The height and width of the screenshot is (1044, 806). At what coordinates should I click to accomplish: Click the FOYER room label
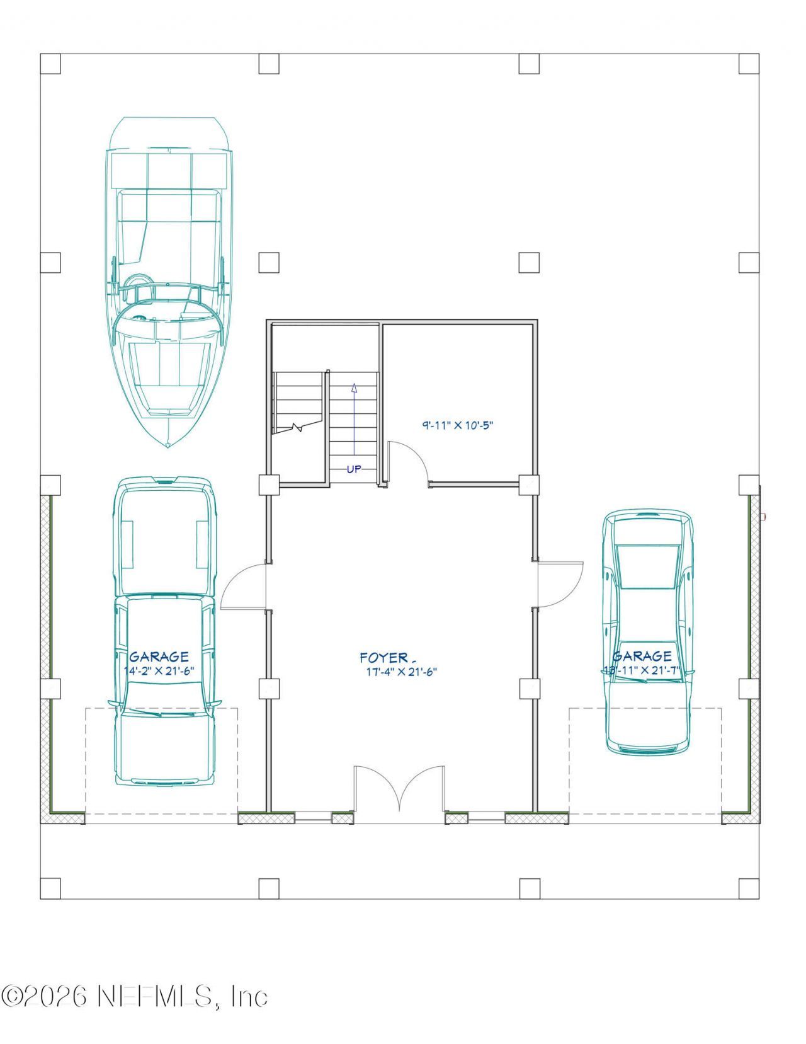tap(383, 658)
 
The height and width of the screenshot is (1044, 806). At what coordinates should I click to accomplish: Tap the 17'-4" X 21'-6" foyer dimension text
tap(401, 672)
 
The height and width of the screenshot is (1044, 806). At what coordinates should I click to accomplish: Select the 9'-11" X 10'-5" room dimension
tap(457, 425)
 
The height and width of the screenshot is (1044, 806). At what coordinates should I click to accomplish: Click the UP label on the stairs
tap(354, 469)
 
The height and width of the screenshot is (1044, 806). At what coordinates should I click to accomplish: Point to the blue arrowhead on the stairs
tap(354, 388)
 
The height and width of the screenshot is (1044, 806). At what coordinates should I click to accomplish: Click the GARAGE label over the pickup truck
tap(159, 657)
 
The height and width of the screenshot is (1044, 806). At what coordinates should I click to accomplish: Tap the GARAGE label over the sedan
tap(642, 657)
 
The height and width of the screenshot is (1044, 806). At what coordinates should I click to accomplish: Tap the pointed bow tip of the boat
tap(167, 445)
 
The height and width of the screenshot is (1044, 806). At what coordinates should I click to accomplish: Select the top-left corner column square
tap(50, 64)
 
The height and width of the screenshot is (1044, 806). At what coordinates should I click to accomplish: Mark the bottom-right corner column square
tap(749, 888)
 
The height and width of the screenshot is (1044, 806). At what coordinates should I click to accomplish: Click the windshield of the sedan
tap(648, 567)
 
